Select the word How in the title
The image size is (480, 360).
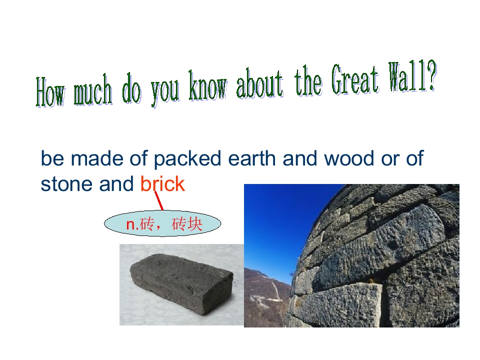pyautogui.click(x=50, y=93)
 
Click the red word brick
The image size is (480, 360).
pyautogui.click(x=162, y=184)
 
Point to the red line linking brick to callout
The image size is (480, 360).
pyautogui.click(x=159, y=201)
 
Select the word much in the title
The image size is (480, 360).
pyautogui.click(x=93, y=91)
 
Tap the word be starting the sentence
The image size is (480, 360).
pyautogui.click(x=51, y=159)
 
